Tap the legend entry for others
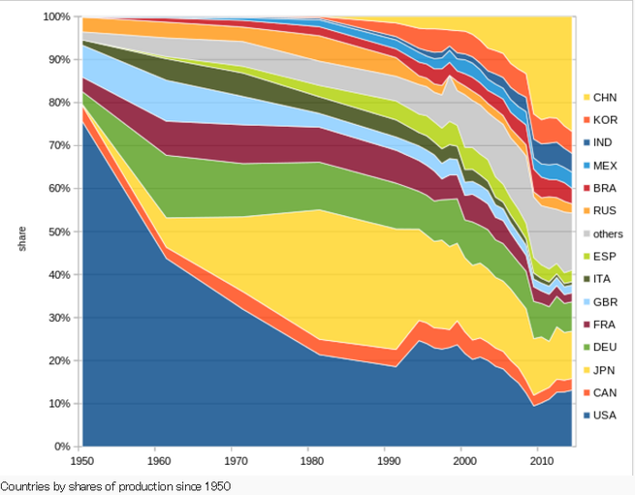[x=609, y=233]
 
